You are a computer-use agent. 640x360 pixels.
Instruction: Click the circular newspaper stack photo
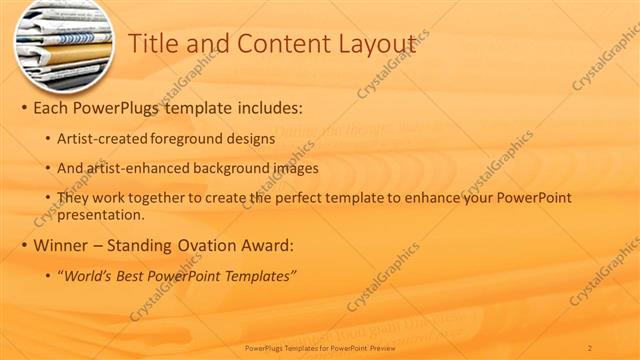click(x=63, y=44)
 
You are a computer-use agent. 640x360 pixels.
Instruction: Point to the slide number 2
click(x=590, y=348)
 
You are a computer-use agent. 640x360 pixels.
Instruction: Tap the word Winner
click(x=59, y=245)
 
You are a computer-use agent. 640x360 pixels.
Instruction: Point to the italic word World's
click(x=90, y=275)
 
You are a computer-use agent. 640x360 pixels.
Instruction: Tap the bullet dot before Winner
click(x=23, y=245)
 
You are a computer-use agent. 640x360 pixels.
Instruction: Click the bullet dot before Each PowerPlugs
click(x=23, y=107)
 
